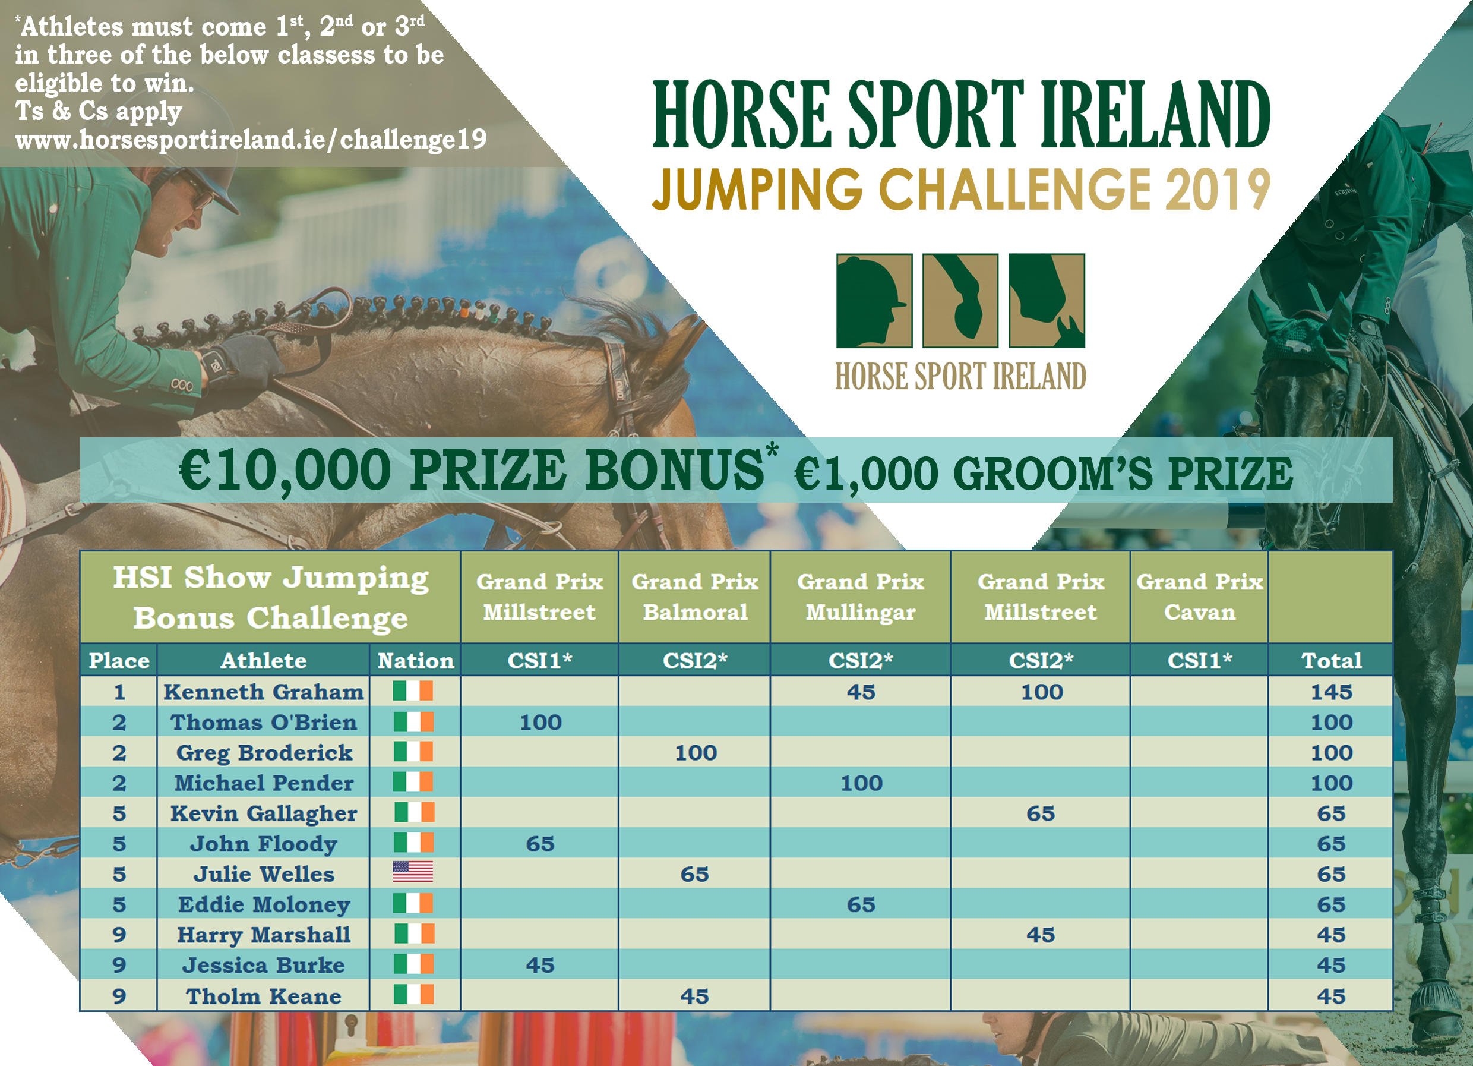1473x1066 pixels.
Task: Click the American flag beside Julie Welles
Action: tap(413, 872)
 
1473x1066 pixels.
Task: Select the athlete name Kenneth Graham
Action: tap(264, 692)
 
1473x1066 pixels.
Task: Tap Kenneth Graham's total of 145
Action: tap(1332, 692)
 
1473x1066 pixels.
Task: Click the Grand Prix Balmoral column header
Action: tap(695, 597)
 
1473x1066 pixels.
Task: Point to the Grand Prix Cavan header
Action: tap(1200, 597)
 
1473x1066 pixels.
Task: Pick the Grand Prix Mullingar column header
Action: tap(861, 597)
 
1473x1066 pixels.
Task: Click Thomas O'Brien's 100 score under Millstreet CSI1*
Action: tap(540, 723)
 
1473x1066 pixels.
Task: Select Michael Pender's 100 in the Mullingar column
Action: tap(861, 783)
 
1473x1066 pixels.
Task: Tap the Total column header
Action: tap(1332, 661)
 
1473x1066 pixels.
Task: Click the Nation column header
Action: tap(416, 661)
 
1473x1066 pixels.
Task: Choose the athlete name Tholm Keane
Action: tap(264, 996)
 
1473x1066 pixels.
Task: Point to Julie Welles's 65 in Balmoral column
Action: tap(694, 873)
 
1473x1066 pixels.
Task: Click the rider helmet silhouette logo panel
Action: tap(874, 301)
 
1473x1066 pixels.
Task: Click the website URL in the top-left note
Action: tap(251, 140)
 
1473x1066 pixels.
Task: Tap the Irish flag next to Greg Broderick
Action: tap(413, 752)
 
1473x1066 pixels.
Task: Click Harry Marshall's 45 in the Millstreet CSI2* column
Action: tap(1041, 935)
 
